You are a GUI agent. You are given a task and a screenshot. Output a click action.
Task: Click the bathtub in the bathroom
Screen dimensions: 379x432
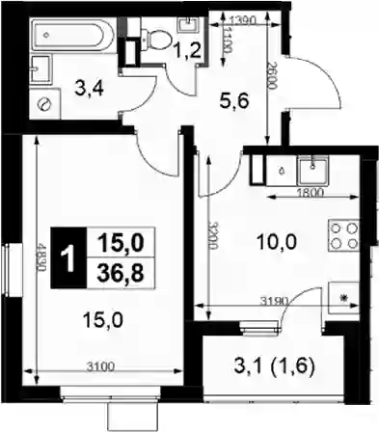pos(72,35)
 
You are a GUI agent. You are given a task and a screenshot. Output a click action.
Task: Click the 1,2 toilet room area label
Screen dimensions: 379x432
pos(188,50)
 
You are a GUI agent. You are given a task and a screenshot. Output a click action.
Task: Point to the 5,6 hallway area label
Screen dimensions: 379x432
pos(234,101)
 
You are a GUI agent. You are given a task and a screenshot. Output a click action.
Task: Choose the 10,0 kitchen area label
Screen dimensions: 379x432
pos(276,242)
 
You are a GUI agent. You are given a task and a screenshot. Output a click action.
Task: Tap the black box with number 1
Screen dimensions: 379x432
pos(68,257)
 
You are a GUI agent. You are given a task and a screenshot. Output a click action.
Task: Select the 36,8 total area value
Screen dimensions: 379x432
pos(121,274)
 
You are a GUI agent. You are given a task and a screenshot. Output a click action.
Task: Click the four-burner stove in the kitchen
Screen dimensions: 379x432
pos(343,235)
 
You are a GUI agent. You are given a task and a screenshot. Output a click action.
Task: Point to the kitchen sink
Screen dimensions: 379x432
pos(312,170)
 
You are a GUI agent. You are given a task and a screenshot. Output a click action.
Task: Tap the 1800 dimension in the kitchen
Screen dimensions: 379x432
pos(311,193)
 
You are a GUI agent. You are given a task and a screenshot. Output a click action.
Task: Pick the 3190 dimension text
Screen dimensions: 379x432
pos(275,301)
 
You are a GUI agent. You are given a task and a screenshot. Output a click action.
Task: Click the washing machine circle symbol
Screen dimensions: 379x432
pos(44,103)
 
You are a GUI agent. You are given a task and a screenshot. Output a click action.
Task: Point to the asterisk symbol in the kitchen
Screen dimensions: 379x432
pos(345,298)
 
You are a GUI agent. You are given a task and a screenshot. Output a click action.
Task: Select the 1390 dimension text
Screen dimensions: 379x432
pos(243,20)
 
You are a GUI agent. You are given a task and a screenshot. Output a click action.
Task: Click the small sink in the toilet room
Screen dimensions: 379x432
pos(188,24)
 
